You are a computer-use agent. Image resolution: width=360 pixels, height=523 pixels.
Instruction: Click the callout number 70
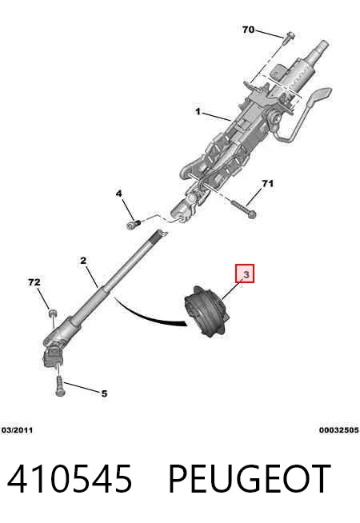pyautogui.click(x=249, y=30)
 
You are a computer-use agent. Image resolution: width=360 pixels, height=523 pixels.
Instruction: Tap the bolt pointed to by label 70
pyautogui.click(x=289, y=38)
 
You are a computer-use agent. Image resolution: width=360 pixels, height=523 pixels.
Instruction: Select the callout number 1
pyautogui.click(x=198, y=111)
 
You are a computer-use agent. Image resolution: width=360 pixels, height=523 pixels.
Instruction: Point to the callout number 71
pyautogui.click(x=267, y=183)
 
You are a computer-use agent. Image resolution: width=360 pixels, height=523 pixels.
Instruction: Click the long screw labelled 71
pyautogui.click(x=243, y=208)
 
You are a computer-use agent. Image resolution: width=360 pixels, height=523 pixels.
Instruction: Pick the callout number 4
pyautogui.click(x=119, y=194)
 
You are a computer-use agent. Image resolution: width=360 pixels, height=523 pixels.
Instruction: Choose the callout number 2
pyautogui.click(x=83, y=261)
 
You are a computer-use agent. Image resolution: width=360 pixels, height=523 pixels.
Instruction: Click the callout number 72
pyautogui.click(x=34, y=282)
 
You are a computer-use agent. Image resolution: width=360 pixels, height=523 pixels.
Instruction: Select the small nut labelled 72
pyautogui.click(x=53, y=313)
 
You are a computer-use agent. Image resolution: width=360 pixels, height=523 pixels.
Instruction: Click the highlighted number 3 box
pyautogui.click(x=246, y=273)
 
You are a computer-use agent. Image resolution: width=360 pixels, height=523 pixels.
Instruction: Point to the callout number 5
pyautogui.click(x=105, y=394)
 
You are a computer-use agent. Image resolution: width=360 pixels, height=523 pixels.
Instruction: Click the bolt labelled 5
pyautogui.click(x=60, y=386)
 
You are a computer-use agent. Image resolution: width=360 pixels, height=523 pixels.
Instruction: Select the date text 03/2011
pyautogui.click(x=18, y=430)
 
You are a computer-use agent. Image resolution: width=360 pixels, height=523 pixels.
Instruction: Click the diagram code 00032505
pyautogui.click(x=339, y=430)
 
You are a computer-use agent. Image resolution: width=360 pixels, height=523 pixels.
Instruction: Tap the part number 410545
pyautogui.click(x=70, y=479)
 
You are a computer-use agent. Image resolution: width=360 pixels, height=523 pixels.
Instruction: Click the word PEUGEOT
pyautogui.click(x=250, y=479)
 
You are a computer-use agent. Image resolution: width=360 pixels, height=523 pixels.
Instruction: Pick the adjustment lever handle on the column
pyautogui.click(x=318, y=97)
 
